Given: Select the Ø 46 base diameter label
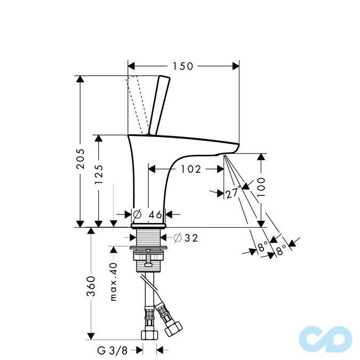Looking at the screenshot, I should click(x=148, y=214).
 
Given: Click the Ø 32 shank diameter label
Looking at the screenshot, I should click(x=186, y=238).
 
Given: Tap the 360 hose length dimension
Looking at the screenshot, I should click(x=91, y=286).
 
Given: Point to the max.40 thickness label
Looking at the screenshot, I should click(x=113, y=282).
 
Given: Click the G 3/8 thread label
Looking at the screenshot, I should click(x=112, y=350).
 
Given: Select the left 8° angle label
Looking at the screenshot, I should click(x=262, y=247).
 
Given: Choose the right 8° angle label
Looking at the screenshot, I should click(x=281, y=247).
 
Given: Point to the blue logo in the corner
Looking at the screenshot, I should click(x=325, y=338).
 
